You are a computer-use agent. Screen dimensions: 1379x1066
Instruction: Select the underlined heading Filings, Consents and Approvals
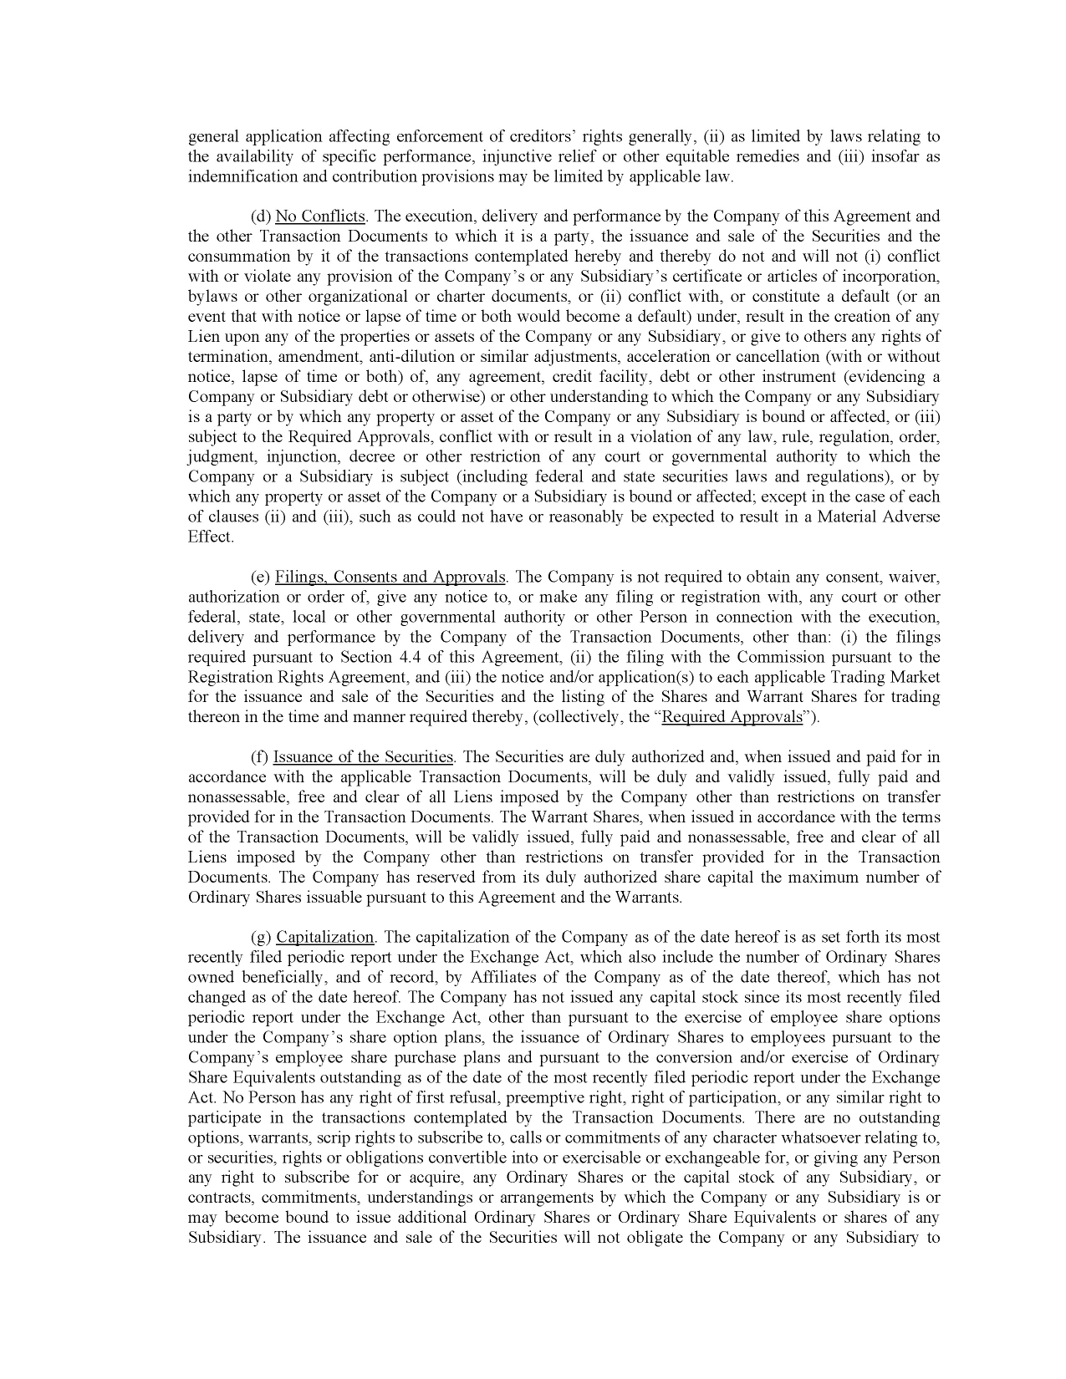coord(390,577)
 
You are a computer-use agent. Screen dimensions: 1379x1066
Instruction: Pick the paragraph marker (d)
coord(260,216)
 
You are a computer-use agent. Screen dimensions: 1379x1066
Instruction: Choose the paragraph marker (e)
coord(260,577)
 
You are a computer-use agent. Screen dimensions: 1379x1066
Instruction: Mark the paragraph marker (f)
coord(259,757)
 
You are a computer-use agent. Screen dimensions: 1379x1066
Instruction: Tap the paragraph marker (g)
coord(260,937)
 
